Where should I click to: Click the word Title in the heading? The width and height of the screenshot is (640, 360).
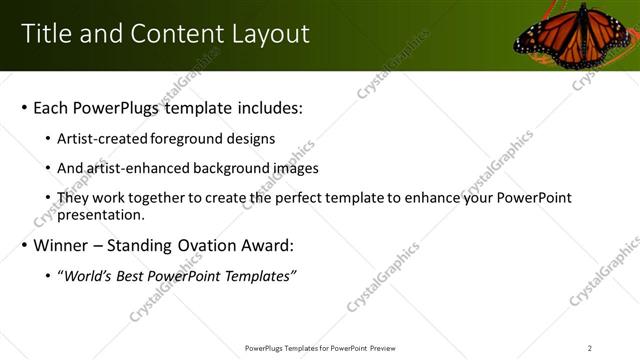click(x=47, y=34)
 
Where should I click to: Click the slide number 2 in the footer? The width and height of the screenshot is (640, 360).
click(x=590, y=347)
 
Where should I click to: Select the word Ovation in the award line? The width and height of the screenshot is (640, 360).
click(x=202, y=245)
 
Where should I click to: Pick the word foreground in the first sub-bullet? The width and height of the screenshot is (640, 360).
click(x=185, y=139)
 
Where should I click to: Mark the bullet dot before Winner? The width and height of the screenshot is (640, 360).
click(x=23, y=245)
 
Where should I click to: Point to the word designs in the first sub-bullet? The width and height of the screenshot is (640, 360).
click(x=249, y=139)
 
